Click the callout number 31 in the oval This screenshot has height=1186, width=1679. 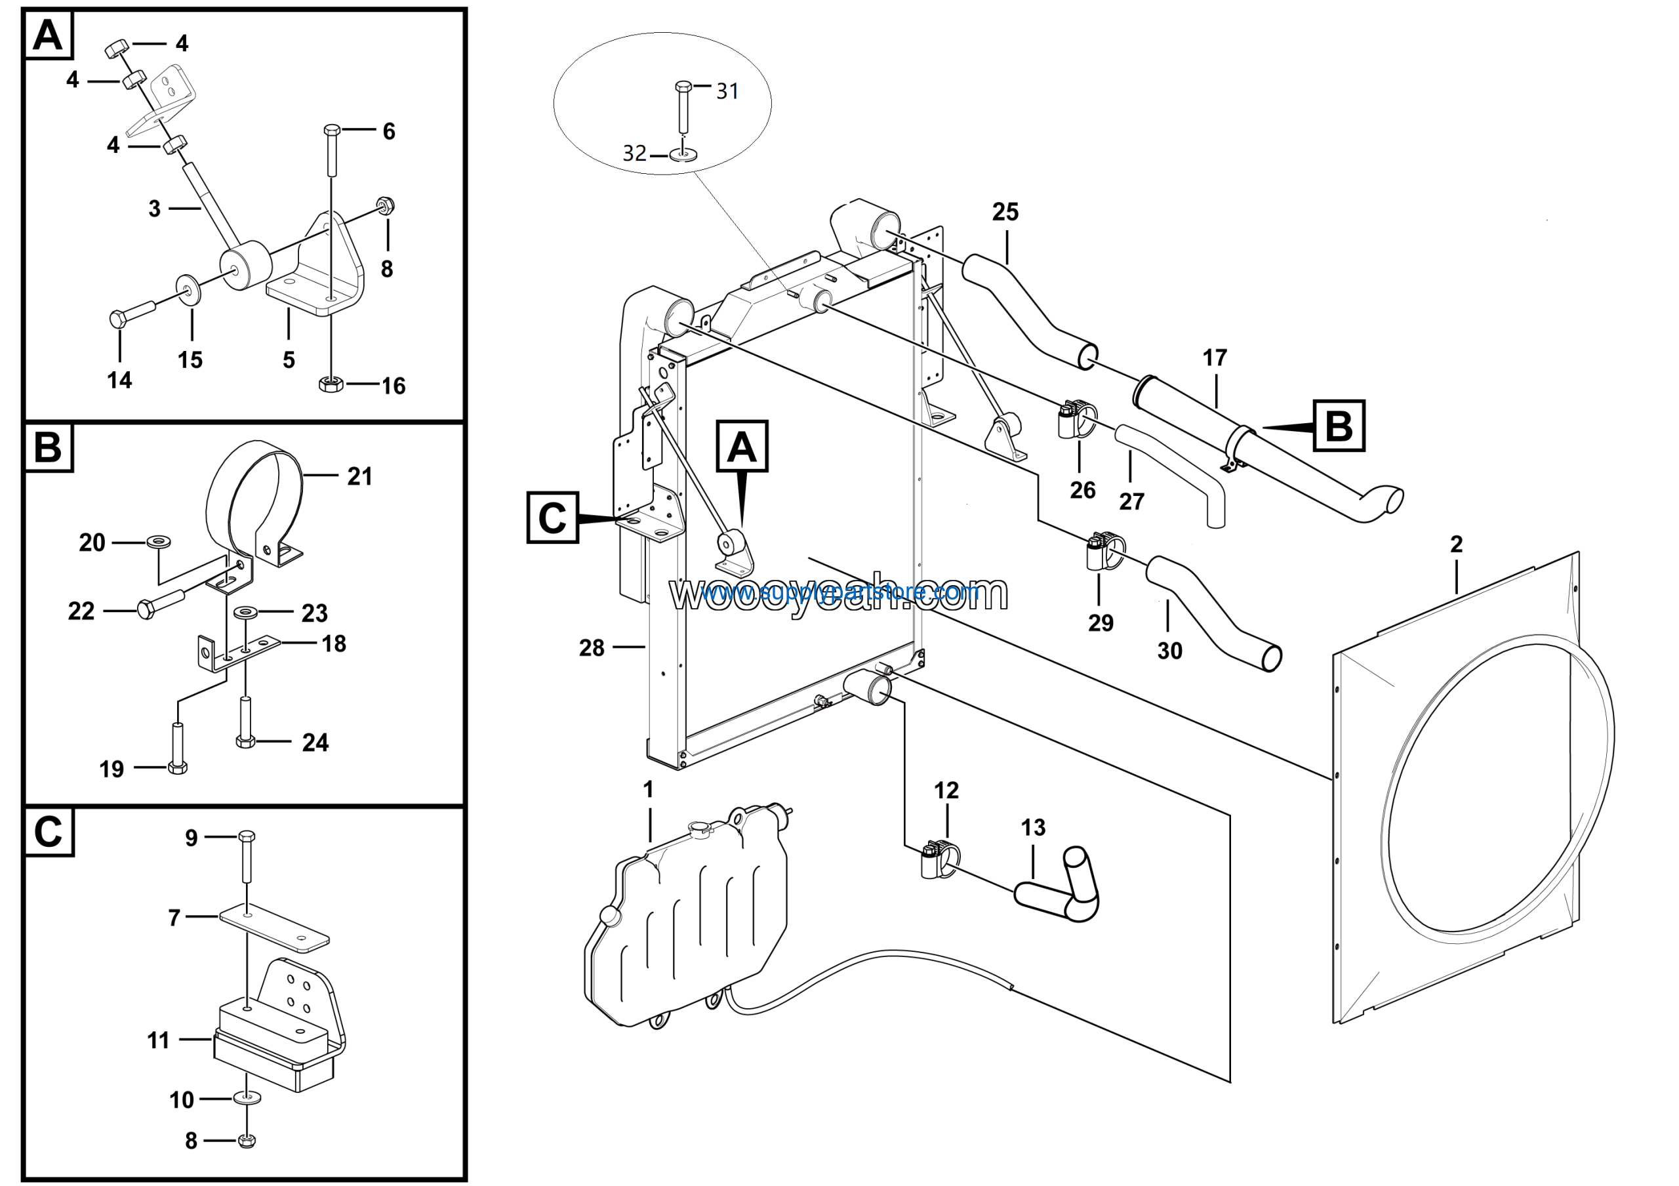click(726, 91)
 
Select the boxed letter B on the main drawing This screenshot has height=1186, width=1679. click(1338, 426)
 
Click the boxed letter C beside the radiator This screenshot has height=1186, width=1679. click(552, 518)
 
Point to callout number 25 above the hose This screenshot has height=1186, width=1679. click(1005, 212)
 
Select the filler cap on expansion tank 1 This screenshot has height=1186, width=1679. click(699, 828)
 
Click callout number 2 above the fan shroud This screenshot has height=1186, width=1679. click(1456, 544)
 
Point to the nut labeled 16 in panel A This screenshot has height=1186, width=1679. click(331, 383)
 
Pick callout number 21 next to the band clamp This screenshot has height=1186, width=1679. click(359, 477)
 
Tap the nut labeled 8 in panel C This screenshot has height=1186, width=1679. click(247, 1140)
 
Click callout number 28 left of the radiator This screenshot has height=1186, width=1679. click(591, 648)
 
